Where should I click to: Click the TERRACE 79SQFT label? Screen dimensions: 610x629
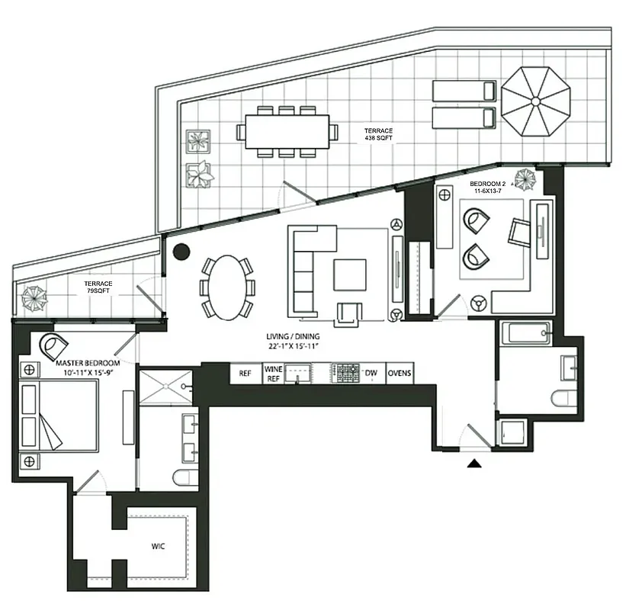(98, 288)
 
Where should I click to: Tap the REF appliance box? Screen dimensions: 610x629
(245, 374)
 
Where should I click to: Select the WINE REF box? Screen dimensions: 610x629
(273, 374)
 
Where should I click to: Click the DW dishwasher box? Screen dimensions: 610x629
(371, 374)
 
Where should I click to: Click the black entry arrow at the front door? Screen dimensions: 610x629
(474, 462)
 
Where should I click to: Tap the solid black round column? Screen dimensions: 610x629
(181, 252)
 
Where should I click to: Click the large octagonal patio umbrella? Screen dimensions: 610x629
(536, 101)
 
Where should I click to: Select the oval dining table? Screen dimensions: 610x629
(226, 286)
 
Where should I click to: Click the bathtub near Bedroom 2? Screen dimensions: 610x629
(526, 333)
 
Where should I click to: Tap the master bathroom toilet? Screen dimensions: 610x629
(183, 478)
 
